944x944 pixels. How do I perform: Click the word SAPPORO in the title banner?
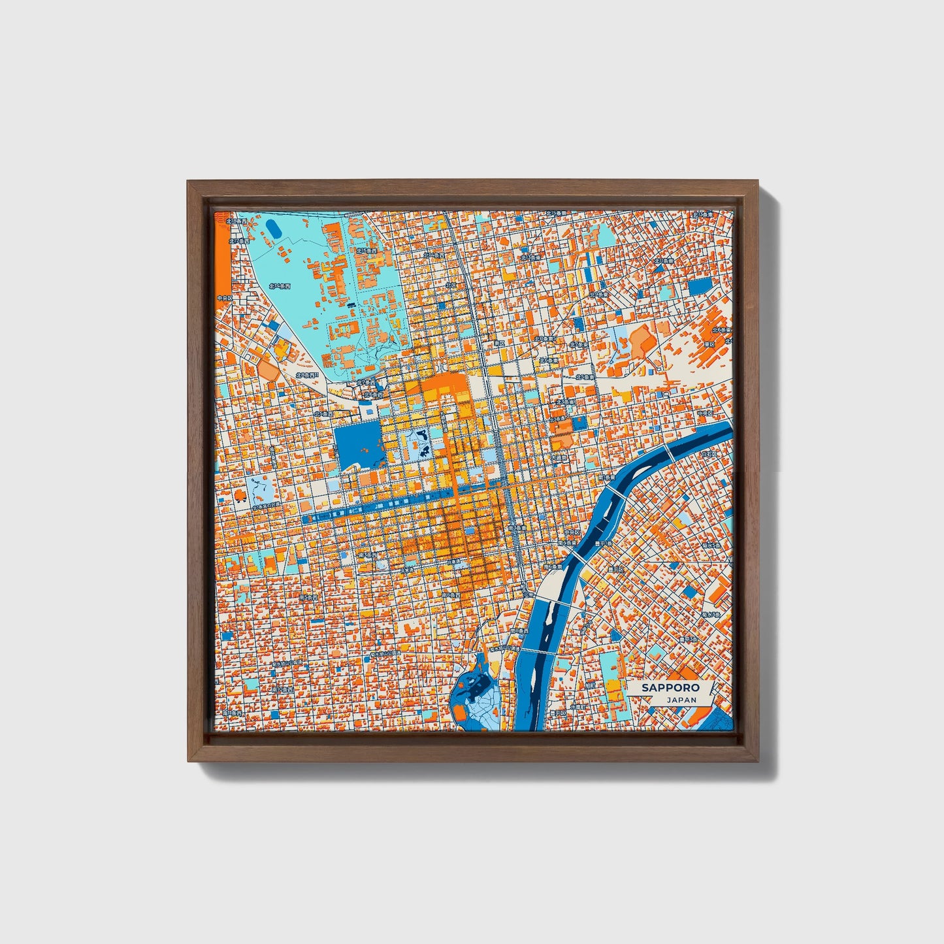[670, 687]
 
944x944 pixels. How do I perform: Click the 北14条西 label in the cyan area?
[279, 286]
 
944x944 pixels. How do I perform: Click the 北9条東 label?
[598, 295]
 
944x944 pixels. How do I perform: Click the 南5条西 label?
[308, 597]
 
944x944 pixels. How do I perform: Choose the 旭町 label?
[590, 687]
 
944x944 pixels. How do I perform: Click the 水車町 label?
[578, 707]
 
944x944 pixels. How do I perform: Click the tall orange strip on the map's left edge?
[223, 258]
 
